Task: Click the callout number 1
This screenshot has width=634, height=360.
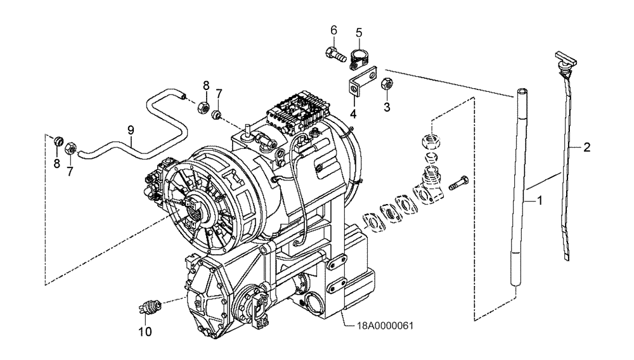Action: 540,202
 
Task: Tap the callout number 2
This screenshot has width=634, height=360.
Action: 587,148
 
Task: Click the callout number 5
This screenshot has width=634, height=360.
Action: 359,32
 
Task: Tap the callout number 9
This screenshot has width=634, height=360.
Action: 130,130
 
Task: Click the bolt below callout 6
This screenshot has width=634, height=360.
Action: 335,55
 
